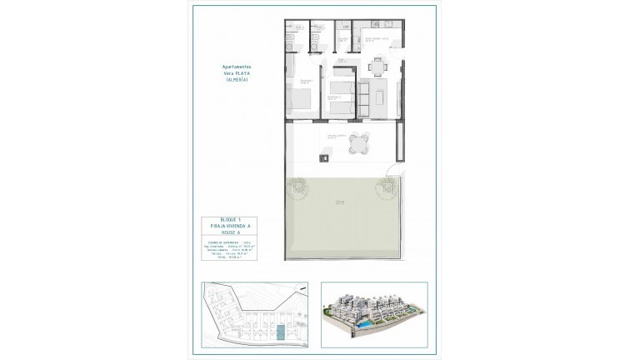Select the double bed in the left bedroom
[300, 98]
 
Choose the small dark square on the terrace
[326, 156]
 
